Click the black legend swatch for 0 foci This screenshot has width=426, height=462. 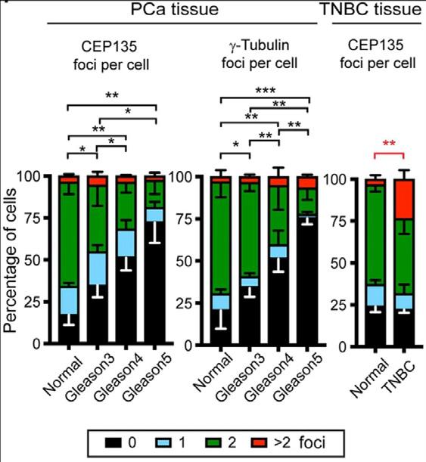(x=113, y=442)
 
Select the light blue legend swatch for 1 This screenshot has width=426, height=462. (x=163, y=442)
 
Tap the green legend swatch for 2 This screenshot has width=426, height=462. (x=213, y=442)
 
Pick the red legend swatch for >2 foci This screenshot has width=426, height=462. (x=259, y=442)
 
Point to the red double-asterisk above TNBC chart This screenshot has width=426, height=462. (x=389, y=144)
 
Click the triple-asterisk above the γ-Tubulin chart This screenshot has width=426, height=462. (x=266, y=91)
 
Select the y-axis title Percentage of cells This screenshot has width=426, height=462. (x=11, y=261)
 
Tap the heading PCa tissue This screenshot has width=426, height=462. (x=175, y=9)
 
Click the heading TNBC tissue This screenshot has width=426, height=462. (x=372, y=9)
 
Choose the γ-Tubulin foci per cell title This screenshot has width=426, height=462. (x=260, y=54)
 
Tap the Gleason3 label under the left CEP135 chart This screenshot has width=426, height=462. (x=90, y=378)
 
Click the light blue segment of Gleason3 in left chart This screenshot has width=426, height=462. (x=97, y=269)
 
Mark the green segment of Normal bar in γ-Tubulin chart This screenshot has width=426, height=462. (x=220, y=239)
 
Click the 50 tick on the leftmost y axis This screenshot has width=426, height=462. (x=33, y=260)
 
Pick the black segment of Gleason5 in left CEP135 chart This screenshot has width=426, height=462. (x=154, y=282)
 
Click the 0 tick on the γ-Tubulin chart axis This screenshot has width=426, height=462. (x=189, y=346)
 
